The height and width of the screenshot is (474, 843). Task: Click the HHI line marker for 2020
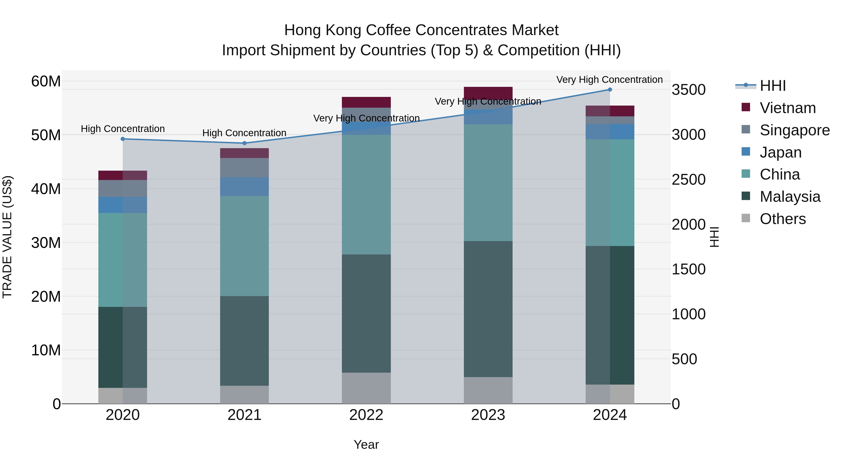click(123, 139)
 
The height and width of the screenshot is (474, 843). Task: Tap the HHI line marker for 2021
click(244, 143)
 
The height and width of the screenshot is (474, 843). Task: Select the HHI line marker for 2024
click(610, 90)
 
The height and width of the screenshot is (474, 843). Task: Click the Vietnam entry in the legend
click(787, 108)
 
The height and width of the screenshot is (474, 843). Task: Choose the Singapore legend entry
click(794, 130)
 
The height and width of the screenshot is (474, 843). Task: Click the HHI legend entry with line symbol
click(772, 86)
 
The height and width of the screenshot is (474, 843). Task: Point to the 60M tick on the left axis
click(46, 81)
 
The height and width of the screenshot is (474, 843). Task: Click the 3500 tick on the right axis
click(688, 90)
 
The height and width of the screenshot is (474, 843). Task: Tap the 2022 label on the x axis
click(366, 415)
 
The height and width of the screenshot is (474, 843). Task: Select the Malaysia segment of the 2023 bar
click(488, 309)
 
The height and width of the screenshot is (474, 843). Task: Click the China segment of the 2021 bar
click(244, 246)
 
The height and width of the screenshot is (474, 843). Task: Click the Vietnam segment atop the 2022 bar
click(366, 102)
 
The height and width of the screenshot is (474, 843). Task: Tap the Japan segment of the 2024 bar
click(610, 132)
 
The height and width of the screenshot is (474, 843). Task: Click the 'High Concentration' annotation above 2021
click(244, 133)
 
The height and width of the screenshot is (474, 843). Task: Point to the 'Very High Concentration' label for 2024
click(609, 80)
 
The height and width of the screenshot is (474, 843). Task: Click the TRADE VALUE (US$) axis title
click(7, 237)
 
